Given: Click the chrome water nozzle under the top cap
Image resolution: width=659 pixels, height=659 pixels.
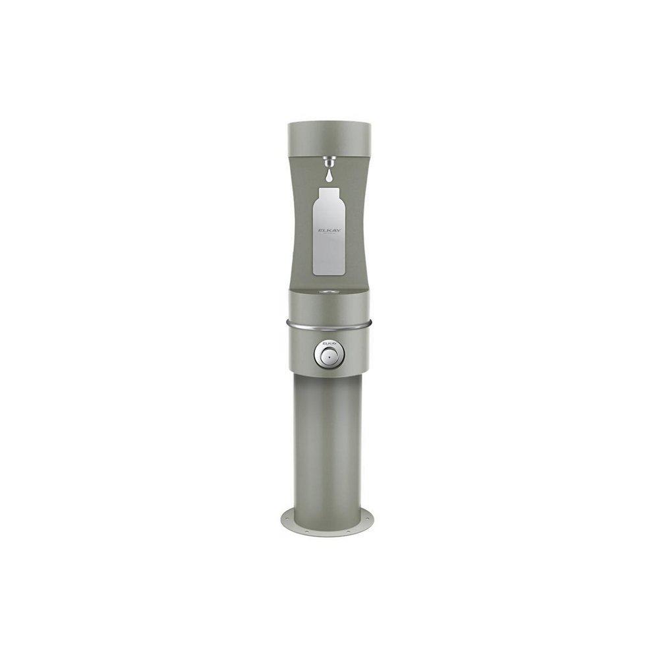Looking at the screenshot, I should (328, 161).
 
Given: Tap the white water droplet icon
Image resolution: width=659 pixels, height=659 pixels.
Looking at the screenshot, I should (328, 176).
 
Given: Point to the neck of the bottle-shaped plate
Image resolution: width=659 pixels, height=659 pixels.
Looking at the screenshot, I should (328, 192).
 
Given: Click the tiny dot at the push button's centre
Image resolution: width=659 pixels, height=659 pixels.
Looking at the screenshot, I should (328, 357).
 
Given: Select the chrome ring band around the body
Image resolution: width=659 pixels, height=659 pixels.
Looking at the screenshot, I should (328, 324).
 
